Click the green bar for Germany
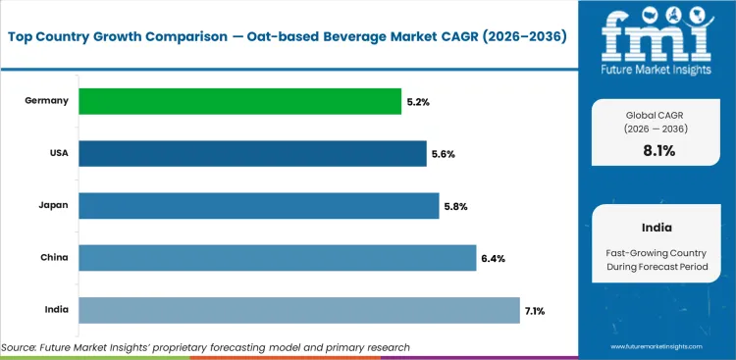[x=239, y=101]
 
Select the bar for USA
[x=252, y=153]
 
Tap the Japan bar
[x=258, y=205]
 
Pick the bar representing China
[x=277, y=258]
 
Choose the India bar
[x=298, y=310]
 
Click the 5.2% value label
[x=418, y=101]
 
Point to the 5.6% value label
[x=444, y=154]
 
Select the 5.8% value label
[x=455, y=206]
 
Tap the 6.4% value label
[x=493, y=258]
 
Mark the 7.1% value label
[x=536, y=311]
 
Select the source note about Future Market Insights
[x=206, y=347]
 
